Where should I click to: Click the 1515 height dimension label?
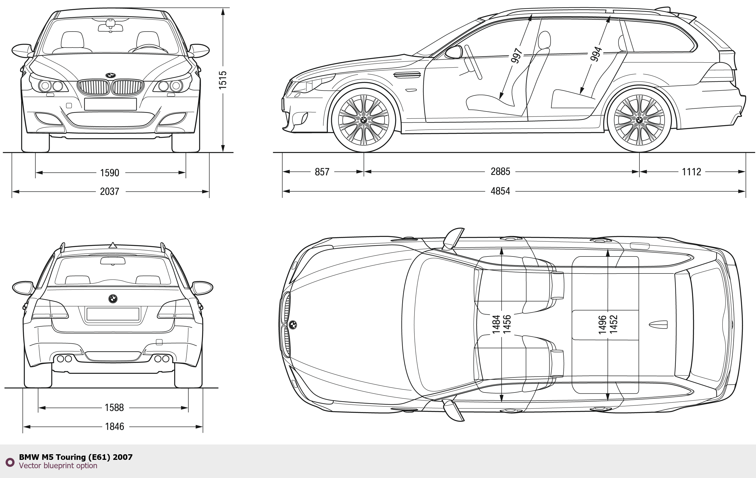point(222,80)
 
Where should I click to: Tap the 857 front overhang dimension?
point(322,172)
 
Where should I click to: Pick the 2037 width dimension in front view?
point(110,191)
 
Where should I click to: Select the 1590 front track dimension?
point(110,173)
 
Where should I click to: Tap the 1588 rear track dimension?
point(114,407)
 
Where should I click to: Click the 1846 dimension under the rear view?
point(114,426)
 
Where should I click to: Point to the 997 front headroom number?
point(516,56)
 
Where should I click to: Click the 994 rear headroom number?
point(596,54)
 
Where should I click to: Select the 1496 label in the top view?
point(602,325)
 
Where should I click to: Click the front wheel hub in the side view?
point(364,120)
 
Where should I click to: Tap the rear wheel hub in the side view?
point(639,120)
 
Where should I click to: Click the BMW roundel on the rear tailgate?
point(113,298)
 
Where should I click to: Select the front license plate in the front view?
point(110,104)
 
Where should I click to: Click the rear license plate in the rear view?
point(113,314)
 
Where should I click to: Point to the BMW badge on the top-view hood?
point(293,325)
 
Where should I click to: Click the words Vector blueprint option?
point(58,465)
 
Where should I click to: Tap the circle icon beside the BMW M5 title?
point(10,462)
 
